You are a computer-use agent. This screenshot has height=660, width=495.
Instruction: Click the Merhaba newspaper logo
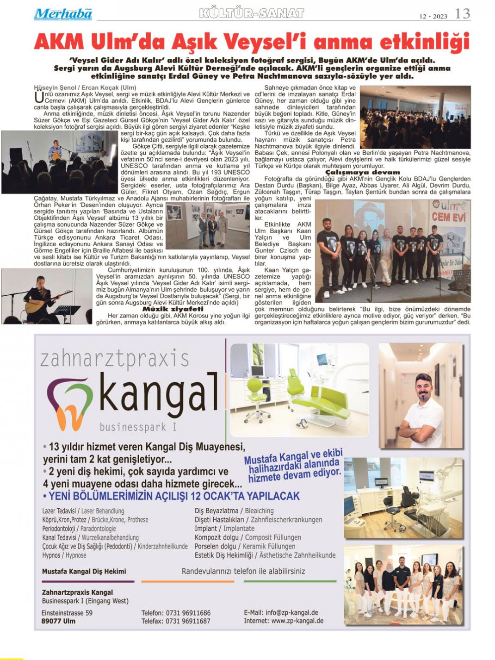(x=63, y=14)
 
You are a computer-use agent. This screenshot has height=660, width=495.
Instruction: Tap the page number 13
(x=462, y=14)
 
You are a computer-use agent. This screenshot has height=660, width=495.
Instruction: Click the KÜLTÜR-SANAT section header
(x=251, y=13)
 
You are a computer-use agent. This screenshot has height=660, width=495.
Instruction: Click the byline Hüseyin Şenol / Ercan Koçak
(x=85, y=88)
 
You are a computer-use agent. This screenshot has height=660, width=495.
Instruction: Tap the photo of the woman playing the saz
(x=46, y=296)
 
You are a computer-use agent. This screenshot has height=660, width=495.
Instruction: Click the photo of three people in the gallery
(x=208, y=225)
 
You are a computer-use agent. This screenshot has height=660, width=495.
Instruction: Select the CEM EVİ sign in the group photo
(x=448, y=217)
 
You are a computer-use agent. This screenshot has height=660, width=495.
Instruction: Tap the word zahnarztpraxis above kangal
(x=115, y=359)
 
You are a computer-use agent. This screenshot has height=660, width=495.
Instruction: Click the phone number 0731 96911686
(x=188, y=613)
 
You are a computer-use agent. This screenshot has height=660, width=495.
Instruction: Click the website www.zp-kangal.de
(x=297, y=621)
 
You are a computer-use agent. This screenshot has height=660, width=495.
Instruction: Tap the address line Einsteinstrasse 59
(x=67, y=613)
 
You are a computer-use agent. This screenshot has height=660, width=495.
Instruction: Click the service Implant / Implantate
(x=224, y=529)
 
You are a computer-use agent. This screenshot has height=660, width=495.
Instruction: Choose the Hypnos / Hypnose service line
(x=64, y=555)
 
